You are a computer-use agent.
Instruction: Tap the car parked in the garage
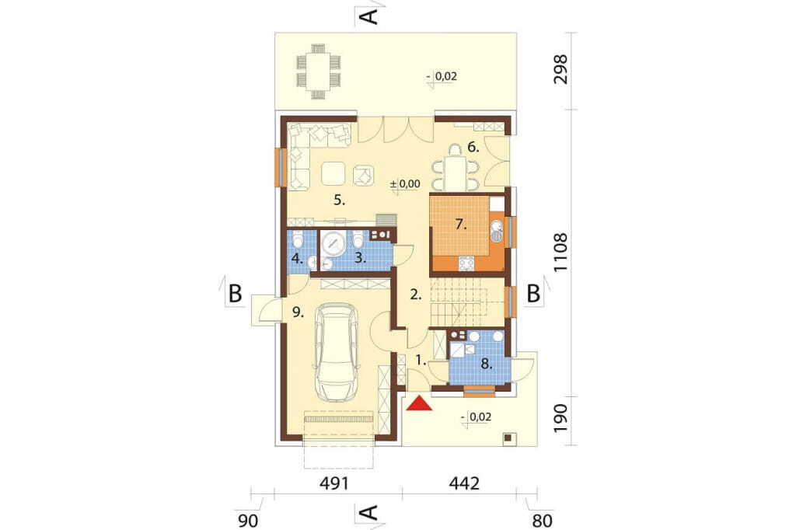336,353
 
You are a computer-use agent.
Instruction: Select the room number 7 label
460,225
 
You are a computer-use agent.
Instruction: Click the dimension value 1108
560,253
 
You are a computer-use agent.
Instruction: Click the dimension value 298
560,69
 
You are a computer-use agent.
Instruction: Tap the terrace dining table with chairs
318,71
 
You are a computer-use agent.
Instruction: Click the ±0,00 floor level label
405,183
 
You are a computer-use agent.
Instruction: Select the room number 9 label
298,312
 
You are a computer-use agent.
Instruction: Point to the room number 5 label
339,200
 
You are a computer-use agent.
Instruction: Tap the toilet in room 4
298,238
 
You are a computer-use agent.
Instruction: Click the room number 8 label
487,364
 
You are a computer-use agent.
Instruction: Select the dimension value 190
560,419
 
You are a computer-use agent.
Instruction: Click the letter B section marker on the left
235,294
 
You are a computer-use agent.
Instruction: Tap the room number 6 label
473,148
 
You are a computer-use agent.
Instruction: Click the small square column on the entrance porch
508,438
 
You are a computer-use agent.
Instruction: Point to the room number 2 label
416,295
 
